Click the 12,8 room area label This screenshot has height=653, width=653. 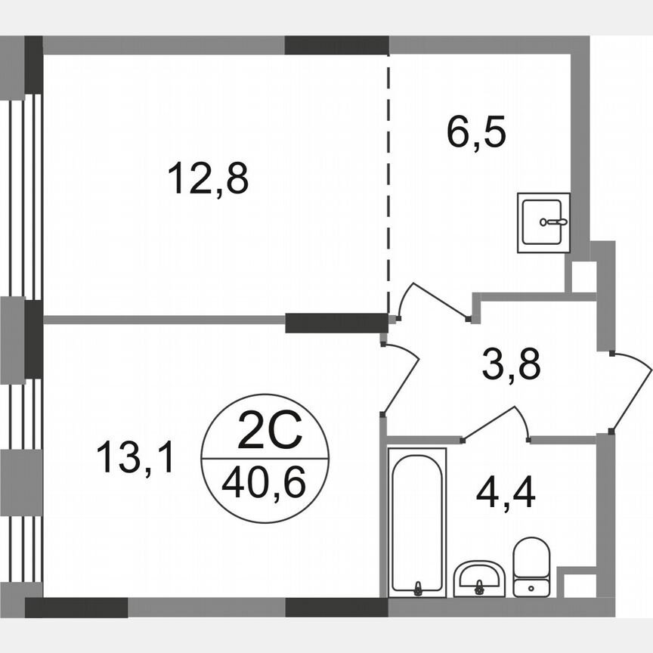(x=208, y=180)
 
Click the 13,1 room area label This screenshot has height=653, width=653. (x=136, y=458)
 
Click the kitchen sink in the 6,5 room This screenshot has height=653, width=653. (x=543, y=222)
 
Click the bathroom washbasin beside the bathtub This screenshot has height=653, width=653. (x=479, y=578)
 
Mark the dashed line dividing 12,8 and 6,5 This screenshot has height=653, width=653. (x=389, y=181)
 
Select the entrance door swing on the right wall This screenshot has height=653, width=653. (x=631, y=389)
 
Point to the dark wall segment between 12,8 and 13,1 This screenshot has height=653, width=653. (x=336, y=323)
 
